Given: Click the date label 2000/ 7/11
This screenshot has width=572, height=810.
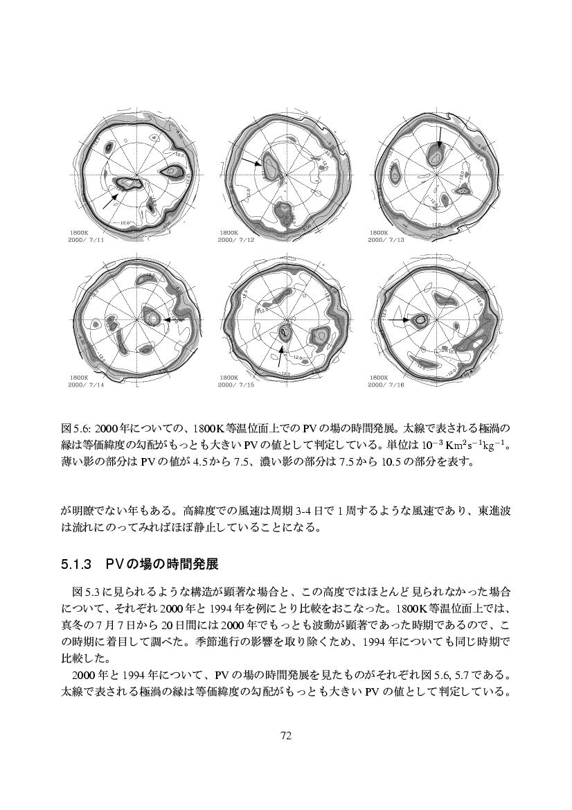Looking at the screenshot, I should (x=87, y=240).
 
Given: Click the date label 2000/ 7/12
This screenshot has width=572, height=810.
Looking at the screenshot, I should (x=236, y=240).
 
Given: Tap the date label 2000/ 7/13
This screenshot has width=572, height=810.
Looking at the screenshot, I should (x=386, y=240).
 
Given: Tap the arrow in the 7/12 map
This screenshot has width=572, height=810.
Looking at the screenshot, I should (x=251, y=162).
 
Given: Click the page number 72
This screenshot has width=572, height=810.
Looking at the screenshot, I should (x=286, y=735).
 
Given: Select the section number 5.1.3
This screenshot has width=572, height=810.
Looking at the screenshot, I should (x=77, y=564).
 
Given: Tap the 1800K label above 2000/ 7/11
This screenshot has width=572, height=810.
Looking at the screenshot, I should (x=78, y=233).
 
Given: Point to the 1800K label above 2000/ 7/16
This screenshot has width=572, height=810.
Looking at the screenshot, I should (x=378, y=378).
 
